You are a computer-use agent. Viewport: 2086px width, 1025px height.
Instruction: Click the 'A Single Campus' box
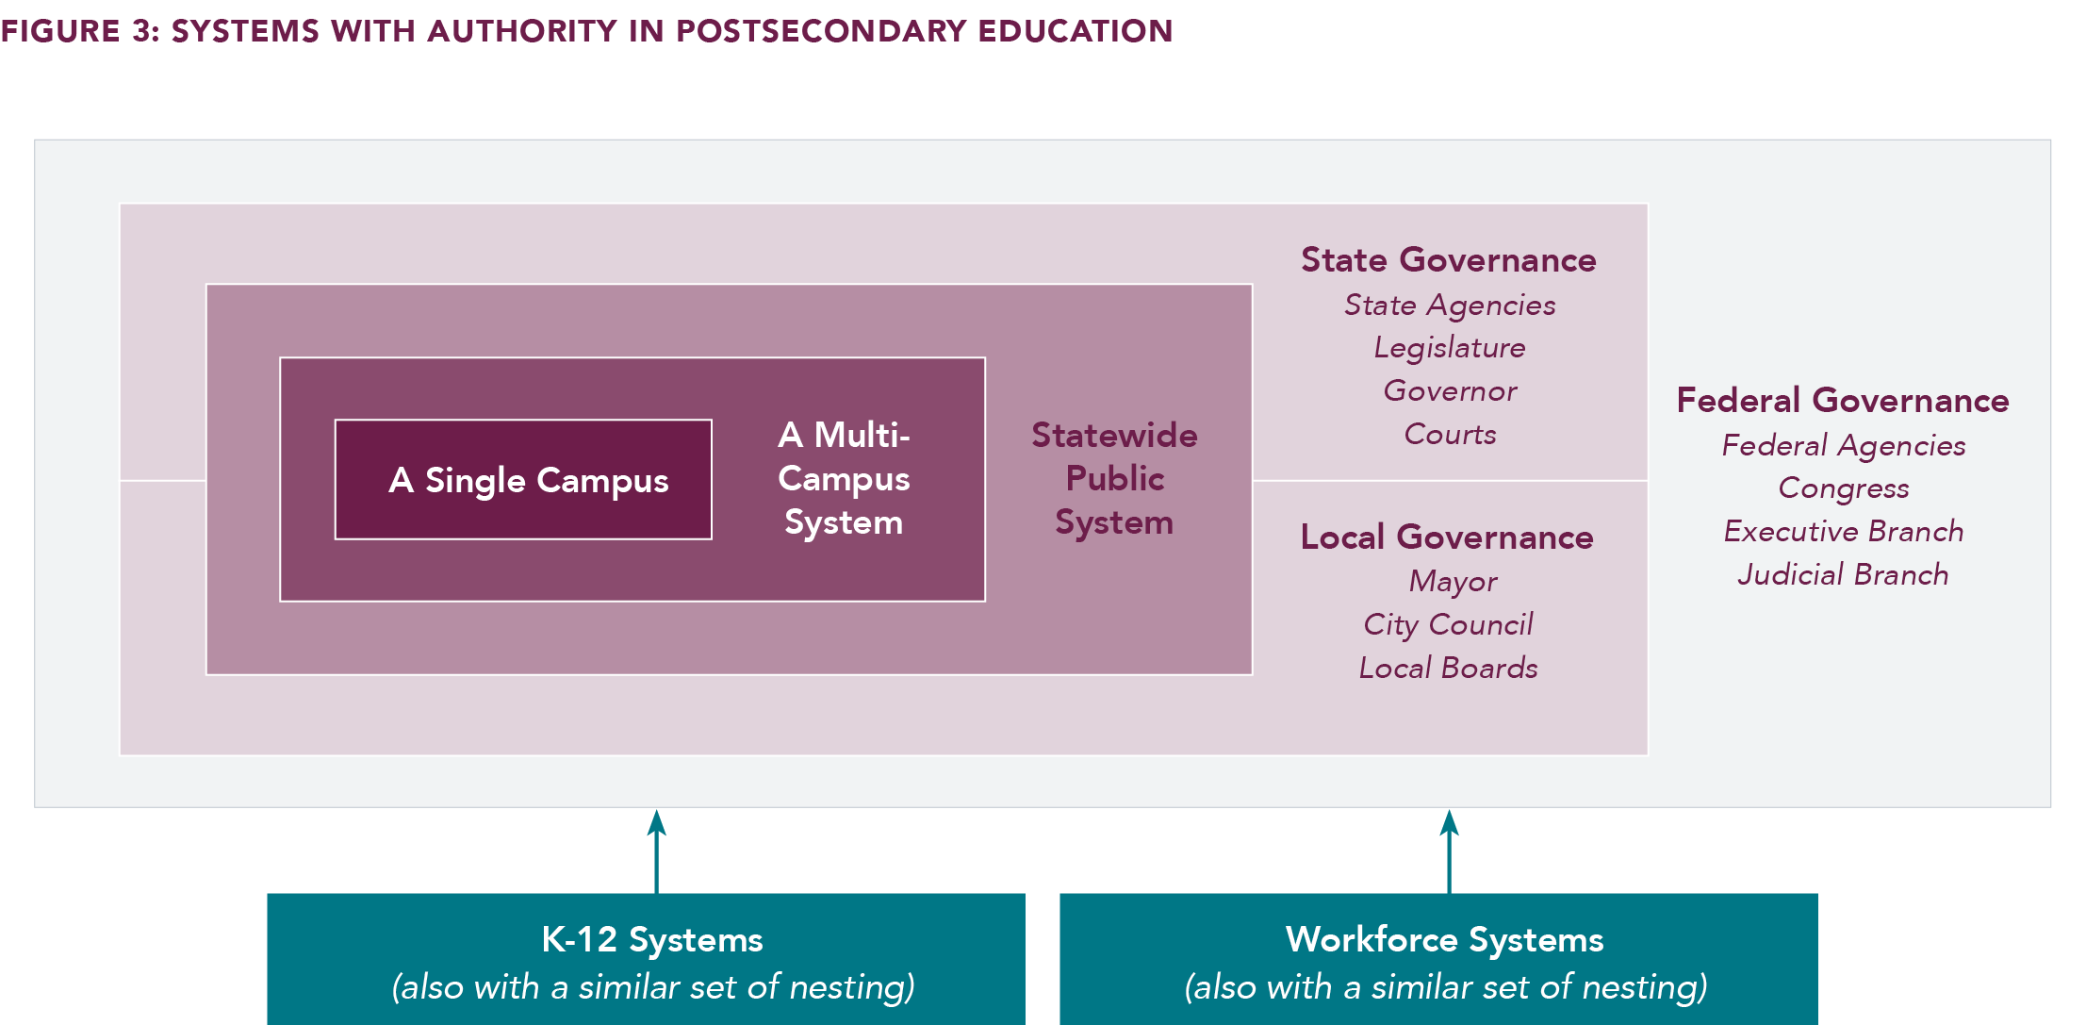pos(524,480)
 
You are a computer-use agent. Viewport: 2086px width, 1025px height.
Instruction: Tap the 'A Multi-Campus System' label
pos(844,478)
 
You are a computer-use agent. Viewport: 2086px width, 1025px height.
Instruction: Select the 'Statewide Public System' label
pos(1114,478)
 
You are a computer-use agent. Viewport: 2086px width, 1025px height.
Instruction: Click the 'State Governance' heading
pos(1449,260)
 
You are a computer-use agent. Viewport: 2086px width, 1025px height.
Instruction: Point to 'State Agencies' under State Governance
pos(1450,305)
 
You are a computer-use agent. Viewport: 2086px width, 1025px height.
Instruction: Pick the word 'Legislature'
pos(1450,347)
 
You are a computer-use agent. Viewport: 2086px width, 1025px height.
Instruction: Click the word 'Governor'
pos(1450,390)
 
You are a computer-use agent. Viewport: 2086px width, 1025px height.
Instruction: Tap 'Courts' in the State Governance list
pos(1450,434)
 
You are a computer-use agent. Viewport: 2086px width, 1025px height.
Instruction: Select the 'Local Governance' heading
pos(1447,537)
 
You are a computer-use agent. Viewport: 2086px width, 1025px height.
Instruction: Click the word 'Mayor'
pos(1453,582)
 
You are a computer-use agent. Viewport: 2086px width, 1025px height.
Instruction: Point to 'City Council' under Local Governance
pos(1448,624)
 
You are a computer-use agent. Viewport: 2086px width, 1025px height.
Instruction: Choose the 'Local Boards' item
pos(1448,668)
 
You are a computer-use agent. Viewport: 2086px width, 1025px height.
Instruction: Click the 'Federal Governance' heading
pos(1843,401)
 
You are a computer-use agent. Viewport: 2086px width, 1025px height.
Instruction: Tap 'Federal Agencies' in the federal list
pos(1844,445)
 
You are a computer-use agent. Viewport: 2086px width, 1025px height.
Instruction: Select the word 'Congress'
pos(1844,488)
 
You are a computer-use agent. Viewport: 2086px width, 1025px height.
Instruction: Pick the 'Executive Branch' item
pos(1844,531)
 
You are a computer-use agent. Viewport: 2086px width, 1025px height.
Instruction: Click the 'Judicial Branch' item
pos(1843,574)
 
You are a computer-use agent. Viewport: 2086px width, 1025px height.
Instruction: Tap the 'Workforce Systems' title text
pos(1444,940)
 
